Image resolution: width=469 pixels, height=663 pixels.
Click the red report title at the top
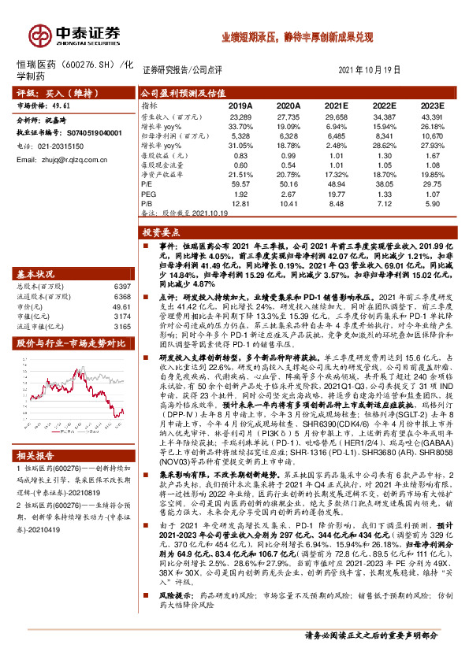[296, 37]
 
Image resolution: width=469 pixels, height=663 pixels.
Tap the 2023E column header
[431, 104]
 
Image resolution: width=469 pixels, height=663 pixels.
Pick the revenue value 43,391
[431, 116]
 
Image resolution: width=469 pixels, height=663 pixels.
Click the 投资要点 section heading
[159, 233]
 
